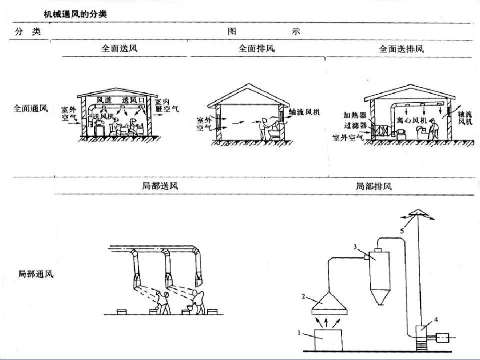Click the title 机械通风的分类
pyautogui.click(x=75, y=15)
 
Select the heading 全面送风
pyautogui.click(x=120, y=48)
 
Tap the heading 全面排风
pyautogui.click(x=256, y=48)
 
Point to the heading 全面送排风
pyautogui.click(x=401, y=48)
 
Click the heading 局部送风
pyautogui.click(x=160, y=186)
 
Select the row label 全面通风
pyautogui.click(x=30, y=109)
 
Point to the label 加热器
pyautogui.click(x=355, y=115)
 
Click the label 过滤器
pyautogui.click(x=355, y=126)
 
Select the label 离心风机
pyautogui.click(x=411, y=120)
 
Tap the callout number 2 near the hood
pyautogui.click(x=304, y=296)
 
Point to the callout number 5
pyautogui.click(x=402, y=231)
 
